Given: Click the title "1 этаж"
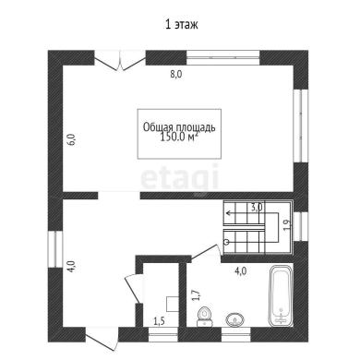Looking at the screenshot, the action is tap(182, 24).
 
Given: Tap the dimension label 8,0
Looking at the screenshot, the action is tap(176, 75).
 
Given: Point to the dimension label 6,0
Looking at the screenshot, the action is tap(71, 139).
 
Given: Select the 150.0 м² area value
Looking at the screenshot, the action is tap(179, 138).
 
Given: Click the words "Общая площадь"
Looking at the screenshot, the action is tap(179, 127).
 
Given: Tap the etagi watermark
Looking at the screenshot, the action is tap(180, 177).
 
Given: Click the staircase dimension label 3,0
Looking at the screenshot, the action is tap(256, 208).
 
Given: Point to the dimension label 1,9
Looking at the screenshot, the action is tap(287, 225).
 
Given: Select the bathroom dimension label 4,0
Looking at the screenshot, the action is tap(240, 271).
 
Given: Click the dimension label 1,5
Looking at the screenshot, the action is tap(159, 321).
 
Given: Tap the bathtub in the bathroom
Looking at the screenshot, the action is tap(281, 296).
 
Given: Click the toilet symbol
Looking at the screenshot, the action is tap(204, 316).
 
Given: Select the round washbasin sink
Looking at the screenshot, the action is tap(235, 319).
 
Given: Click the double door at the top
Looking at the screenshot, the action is tap(120, 60).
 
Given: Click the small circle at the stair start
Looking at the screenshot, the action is tap(227, 242).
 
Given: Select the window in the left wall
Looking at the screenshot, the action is tap(55, 248).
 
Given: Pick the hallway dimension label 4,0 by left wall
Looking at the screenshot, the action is tap(71, 266).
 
